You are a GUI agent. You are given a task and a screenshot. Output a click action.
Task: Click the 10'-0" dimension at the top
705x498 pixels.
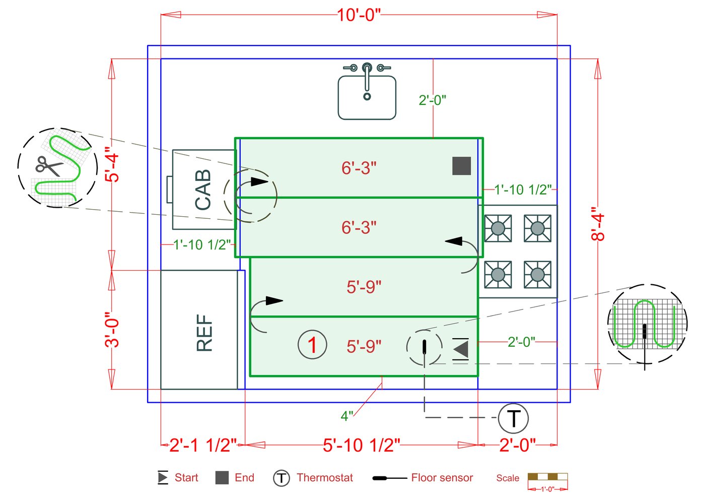(359, 15)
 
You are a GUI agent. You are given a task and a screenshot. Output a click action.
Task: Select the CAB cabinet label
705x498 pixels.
(203, 190)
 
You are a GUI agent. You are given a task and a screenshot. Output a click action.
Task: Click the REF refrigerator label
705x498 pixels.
(204, 332)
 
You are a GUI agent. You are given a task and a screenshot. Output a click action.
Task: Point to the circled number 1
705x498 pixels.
(312, 345)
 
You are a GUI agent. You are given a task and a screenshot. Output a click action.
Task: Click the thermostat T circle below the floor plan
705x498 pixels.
(513, 418)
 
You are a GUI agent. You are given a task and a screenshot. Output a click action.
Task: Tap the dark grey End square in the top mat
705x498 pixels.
(461, 166)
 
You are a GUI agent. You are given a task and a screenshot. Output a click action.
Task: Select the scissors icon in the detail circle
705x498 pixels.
(48, 165)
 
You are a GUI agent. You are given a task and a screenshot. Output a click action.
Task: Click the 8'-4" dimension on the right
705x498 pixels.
(598, 224)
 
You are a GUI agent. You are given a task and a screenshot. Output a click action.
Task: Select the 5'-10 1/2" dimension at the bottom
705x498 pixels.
(362, 445)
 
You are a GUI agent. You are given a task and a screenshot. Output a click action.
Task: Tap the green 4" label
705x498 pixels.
(347, 416)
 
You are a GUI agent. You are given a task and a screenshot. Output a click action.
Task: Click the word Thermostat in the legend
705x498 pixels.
(325, 477)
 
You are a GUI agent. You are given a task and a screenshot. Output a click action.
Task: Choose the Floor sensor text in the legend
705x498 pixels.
(442, 477)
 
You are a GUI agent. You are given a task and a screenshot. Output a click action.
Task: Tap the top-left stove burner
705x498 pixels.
(498, 228)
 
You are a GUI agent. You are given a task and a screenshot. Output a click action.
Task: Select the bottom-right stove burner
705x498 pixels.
(537, 275)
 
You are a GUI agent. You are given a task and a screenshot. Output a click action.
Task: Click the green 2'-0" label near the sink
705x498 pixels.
(432, 100)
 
